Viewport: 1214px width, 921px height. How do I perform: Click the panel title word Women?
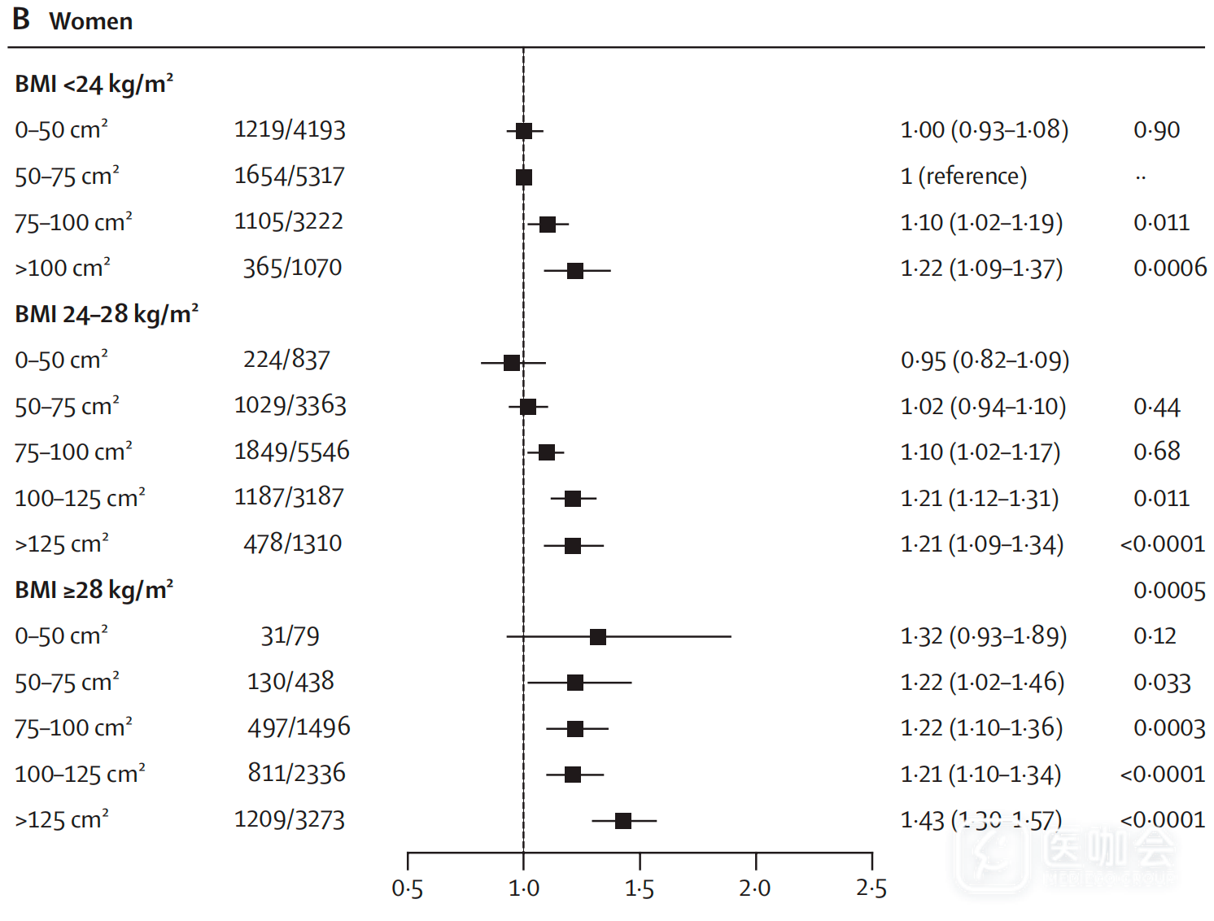90,21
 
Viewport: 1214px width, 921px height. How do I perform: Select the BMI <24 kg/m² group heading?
94,85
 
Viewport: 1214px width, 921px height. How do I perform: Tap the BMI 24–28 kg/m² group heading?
107,315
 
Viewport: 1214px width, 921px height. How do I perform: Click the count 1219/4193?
290,130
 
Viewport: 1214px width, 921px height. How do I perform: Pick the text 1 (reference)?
963,177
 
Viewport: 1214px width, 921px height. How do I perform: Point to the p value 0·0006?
1169,268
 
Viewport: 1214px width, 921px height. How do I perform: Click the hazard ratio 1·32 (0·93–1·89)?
983,636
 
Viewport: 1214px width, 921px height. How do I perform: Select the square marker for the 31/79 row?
597,637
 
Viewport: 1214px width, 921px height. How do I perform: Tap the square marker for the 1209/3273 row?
623,821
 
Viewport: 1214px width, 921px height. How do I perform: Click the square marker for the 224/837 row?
512,363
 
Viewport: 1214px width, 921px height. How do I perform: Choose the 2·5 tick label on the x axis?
871,889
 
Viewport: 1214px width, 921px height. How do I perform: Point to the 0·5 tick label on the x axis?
407,889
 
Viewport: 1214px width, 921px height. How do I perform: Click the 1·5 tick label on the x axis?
640,889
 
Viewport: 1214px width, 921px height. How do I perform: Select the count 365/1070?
292,268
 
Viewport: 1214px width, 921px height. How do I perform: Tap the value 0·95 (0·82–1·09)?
985,360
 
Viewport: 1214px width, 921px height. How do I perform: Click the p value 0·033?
1162,683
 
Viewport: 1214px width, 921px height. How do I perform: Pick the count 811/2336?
296,774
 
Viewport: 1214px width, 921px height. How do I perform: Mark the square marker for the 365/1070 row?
575,271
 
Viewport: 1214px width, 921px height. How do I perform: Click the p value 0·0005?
1169,591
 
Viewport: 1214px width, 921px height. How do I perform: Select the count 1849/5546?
291,452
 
